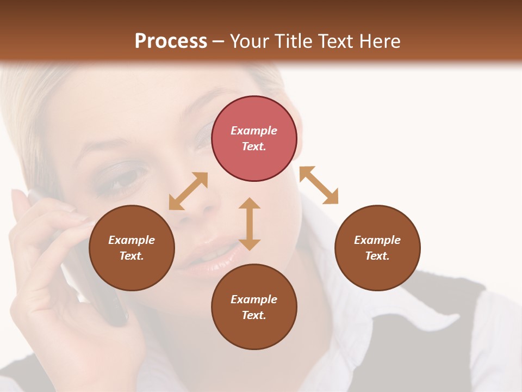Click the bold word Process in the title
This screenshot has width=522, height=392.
click(171, 41)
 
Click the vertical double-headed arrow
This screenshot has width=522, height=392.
click(250, 224)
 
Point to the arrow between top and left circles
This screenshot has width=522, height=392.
click(188, 191)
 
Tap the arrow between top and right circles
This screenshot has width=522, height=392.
click(319, 185)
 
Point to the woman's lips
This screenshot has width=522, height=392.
click(212, 256)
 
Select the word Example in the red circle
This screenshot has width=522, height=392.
click(254, 131)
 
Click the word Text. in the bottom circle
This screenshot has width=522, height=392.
click(254, 315)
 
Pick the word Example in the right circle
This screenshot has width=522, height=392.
click(377, 240)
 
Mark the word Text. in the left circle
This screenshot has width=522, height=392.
click(132, 256)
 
